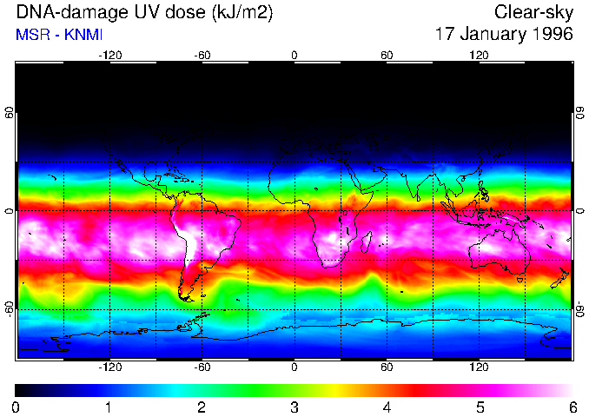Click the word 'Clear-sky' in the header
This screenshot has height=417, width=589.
tap(533, 12)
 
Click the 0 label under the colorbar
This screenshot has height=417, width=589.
tap(17, 407)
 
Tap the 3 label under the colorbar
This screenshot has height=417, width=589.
tap(294, 407)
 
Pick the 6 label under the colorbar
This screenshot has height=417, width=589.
tap(571, 407)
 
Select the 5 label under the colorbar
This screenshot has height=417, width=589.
tap(479, 407)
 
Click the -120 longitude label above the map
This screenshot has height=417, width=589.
tap(109, 55)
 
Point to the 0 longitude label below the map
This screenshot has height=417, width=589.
tap(294, 367)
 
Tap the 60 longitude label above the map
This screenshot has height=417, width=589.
tap(387, 55)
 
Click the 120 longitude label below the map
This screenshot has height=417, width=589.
tap(479, 367)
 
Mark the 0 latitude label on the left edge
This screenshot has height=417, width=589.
tap(9, 211)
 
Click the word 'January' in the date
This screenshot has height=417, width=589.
tap(491, 35)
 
